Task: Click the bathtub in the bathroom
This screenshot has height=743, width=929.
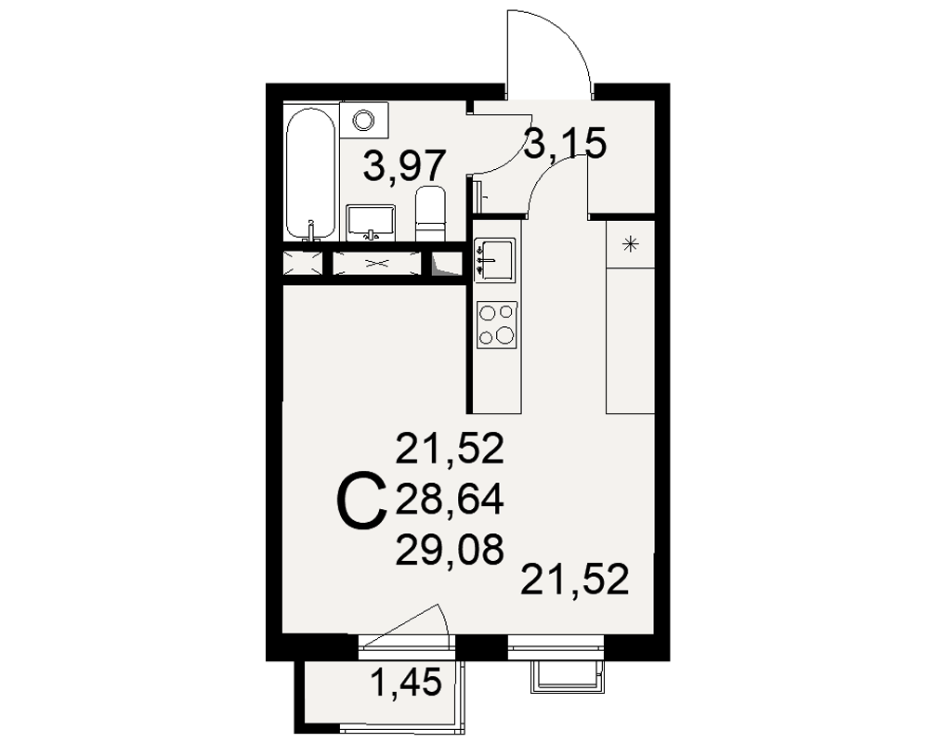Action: pos(310,173)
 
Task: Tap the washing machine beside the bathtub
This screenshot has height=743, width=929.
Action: pos(364,121)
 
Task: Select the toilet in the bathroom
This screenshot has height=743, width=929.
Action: pos(431,214)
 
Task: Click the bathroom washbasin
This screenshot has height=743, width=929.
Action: pos(371,223)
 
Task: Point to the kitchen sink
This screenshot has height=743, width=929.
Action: pos(495,259)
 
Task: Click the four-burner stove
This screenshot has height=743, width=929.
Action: pos(496,325)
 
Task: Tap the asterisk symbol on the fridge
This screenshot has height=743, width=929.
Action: pos(631,243)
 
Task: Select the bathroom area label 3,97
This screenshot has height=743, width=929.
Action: pos(405,166)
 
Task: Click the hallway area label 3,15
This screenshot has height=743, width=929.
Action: pos(566,143)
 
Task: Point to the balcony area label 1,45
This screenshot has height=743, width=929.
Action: pos(406,682)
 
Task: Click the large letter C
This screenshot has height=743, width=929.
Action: pos(361,500)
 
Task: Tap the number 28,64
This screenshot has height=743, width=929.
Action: pos(450,499)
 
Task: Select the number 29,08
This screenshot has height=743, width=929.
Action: pos(450,549)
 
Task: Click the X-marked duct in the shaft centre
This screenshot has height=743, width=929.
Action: pos(377,263)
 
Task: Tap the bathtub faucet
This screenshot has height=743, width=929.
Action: pos(311,231)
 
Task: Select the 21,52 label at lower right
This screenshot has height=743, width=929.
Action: pos(575,580)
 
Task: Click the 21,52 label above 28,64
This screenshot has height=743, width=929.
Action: pos(450,449)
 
